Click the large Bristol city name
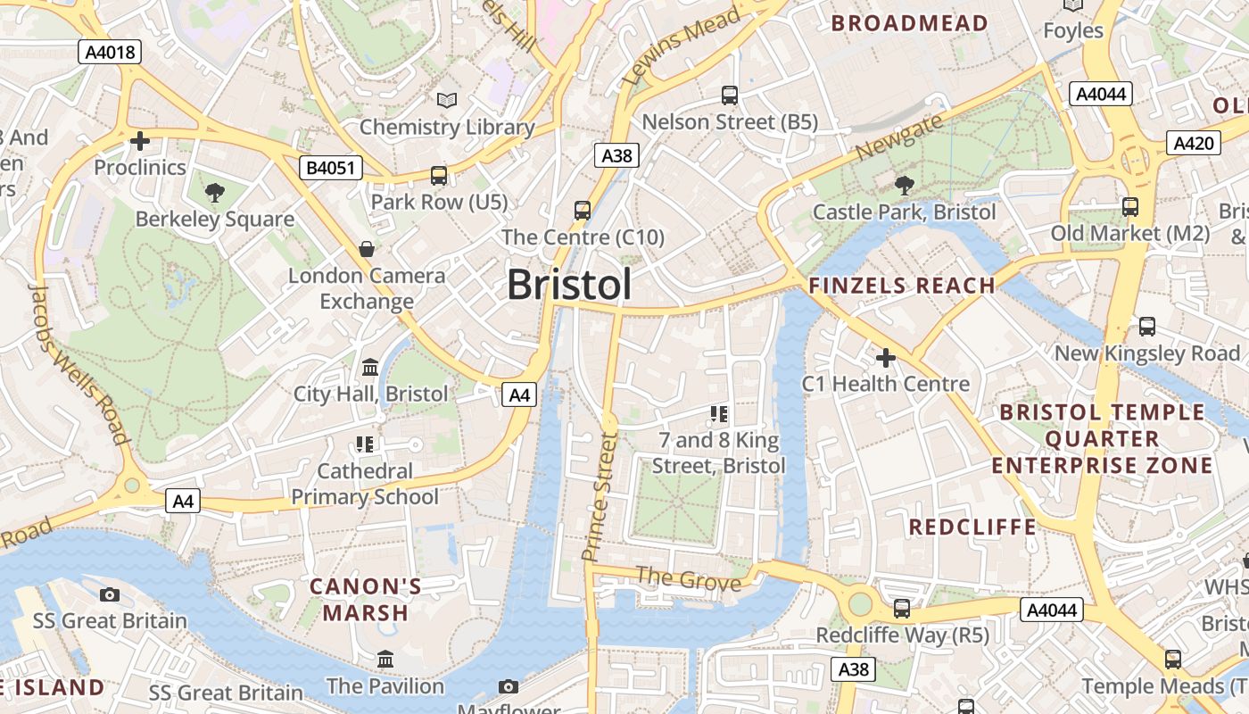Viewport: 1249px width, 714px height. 569,285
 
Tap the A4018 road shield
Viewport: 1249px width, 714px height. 111,52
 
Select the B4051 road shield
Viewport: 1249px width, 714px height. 330,167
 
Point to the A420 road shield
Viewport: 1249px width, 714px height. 1193,143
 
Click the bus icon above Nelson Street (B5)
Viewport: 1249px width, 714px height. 730,95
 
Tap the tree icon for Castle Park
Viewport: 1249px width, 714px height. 904,186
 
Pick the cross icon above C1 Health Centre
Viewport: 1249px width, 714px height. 885,358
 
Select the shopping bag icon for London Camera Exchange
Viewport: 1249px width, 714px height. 366,249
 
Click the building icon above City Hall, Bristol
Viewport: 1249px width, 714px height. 370,367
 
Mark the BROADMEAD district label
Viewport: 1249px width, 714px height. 909,23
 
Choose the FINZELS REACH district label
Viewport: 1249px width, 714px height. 901,286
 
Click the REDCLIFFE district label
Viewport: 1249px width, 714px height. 972,527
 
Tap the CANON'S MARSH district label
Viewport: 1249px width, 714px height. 366,600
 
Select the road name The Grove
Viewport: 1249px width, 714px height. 688,579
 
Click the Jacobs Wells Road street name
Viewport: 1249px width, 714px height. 79,363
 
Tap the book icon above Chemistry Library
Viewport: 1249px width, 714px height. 447,101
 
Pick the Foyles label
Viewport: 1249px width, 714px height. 1073,30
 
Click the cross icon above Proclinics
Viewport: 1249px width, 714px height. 139,141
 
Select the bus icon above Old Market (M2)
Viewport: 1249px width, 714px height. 1130,206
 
